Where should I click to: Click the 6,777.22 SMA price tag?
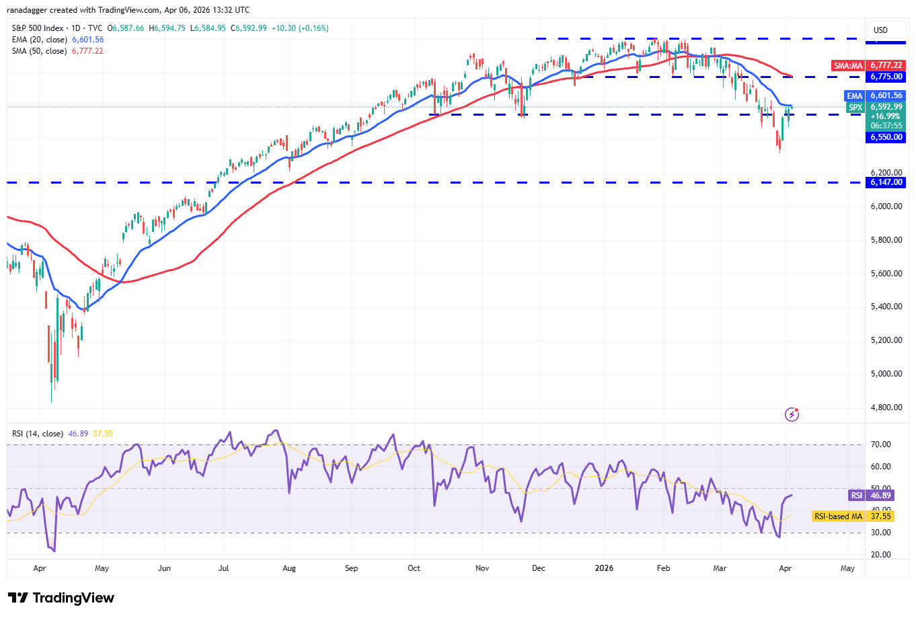pyautogui.click(x=886, y=65)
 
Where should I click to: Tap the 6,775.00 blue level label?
pyautogui.click(x=886, y=77)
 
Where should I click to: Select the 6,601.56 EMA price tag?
pyautogui.click(x=886, y=96)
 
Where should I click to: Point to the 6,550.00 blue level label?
pyautogui.click(x=886, y=137)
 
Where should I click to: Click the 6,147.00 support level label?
pyautogui.click(x=886, y=182)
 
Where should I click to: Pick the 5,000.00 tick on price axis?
pyautogui.click(x=886, y=374)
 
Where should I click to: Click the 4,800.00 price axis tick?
pyautogui.click(x=886, y=408)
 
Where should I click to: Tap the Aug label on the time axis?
pyautogui.click(x=289, y=568)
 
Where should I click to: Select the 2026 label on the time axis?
pyautogui.click(x=604, y=568)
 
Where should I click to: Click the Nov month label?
pyautogui.click(x=482, y=568)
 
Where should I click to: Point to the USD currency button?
pyautogui.click(x=880, y=30)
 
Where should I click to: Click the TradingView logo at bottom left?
pyautogui.click(x=61, y=598)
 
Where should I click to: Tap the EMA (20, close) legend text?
pyautogui.click(x=39, y=40)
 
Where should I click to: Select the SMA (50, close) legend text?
pyautogui.click(x=39, y=51)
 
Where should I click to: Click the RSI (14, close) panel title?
pyautogui.click(x=38, y=434)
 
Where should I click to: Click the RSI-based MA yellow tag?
pyautogui.click(x=852, y=516)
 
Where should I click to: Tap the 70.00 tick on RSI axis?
pyautogui.click(x=880, y=445)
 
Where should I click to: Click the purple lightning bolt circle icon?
pyautogui.click(x=792, y=414)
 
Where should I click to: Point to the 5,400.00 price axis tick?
pyautogui.click(x=886, y=307)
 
